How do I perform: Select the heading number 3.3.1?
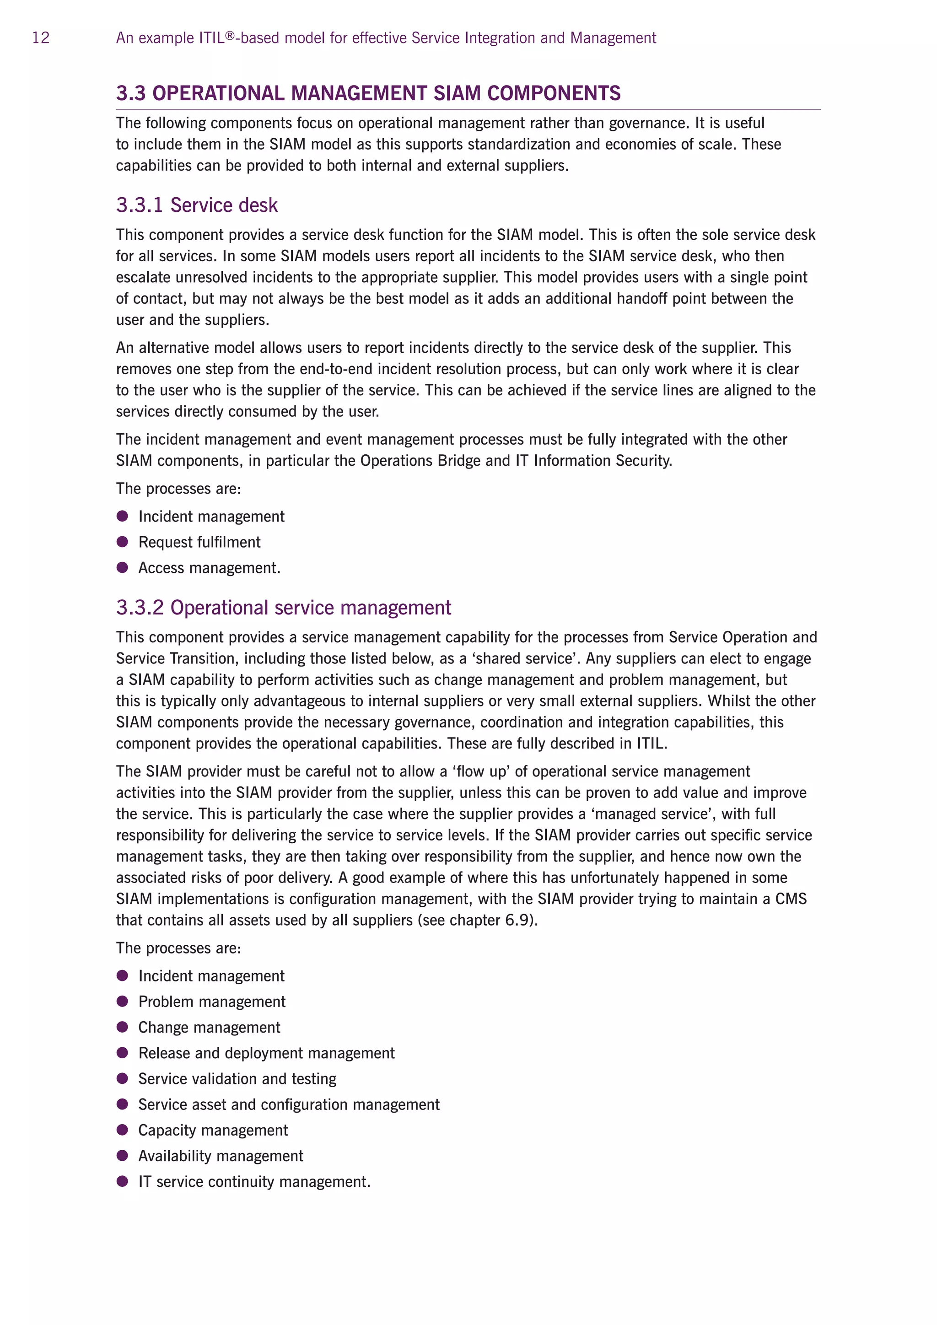tap(139, 205)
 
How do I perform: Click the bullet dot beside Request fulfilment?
tap(122, 542)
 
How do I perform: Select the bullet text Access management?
tap(209, 568)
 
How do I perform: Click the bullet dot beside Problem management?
tap(122, 1001)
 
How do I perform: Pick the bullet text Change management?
tap(209, 1027)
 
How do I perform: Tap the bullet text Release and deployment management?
tap(266, 1053)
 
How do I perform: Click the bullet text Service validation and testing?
tap(237, 1078)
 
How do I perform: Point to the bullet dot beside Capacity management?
tap(122, 1130)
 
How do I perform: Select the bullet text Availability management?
tap(221, 1156)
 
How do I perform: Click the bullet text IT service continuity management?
tap(254, 1182)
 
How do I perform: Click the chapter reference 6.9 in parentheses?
tap(517, 920)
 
